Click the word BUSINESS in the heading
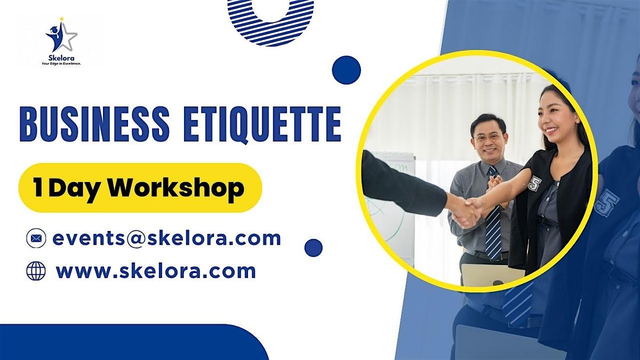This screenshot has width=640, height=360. [x=94, y=124]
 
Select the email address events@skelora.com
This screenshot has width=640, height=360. [x=166, y=238]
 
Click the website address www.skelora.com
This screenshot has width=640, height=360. [x=156, y=271]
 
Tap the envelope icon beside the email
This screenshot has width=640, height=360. [x=36, y=238]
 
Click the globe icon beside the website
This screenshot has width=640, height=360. [x=36, y=271]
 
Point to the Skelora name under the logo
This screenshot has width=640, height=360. [x=61, y=58]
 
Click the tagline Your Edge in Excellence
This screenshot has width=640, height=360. [x=61, y=64]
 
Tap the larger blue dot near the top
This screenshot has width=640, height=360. [x=346, y=70]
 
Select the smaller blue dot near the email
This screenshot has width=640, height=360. [x=314, y=247]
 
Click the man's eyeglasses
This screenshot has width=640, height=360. [x=488, y=138]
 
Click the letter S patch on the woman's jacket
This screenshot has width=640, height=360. [x=533, y=183]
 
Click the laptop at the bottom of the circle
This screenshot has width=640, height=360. [x=493, y=274]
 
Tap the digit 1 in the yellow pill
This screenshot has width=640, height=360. [x=38, y=187]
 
